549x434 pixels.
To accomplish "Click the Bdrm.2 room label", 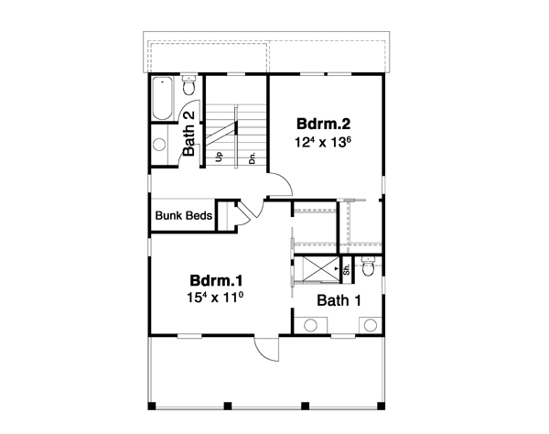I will [320, 123].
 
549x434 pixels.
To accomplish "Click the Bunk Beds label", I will [184, 217].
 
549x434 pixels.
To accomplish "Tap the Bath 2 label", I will [188, 134].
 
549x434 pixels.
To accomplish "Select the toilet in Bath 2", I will [188, 85].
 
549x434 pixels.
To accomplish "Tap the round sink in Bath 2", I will [158, 144].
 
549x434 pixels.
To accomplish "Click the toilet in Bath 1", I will [368, 267].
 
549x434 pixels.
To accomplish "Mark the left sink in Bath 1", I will [311, 325].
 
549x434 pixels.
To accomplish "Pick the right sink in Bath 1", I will [371, 325].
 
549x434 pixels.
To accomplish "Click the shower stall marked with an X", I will [317, 271].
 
